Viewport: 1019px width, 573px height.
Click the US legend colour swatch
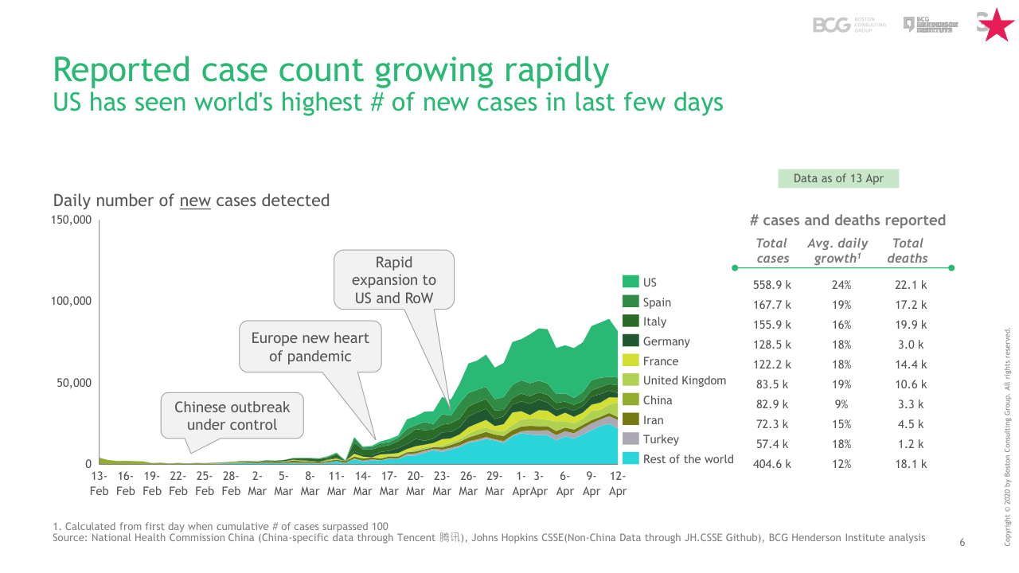coord(631,282)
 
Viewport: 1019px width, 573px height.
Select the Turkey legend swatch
coord(631,439)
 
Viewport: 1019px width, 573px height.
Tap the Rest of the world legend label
coord(688,459)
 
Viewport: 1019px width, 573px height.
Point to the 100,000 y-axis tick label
coord(72,301)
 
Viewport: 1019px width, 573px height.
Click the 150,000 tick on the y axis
coord(72,220)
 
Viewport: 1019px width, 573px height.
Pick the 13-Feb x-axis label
coord(99,483)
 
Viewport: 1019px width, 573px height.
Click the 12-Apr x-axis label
coord(618,483)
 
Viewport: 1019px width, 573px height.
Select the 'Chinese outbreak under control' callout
coord(232,415)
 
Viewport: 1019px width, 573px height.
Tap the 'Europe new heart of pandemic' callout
coord(310,347)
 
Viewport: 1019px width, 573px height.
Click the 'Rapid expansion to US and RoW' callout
coord(394,279)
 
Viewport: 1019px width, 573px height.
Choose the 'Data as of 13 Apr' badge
coord(838,178)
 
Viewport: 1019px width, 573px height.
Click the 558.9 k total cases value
coord(772,285)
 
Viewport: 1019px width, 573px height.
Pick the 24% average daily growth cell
coord(841,285)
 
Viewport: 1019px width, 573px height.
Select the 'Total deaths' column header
coord(908,251)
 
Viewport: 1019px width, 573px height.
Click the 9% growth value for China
coord(841,404)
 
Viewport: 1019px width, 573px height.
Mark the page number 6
coord(962,543)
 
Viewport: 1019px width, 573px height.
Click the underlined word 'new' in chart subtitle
coord(195,201)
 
